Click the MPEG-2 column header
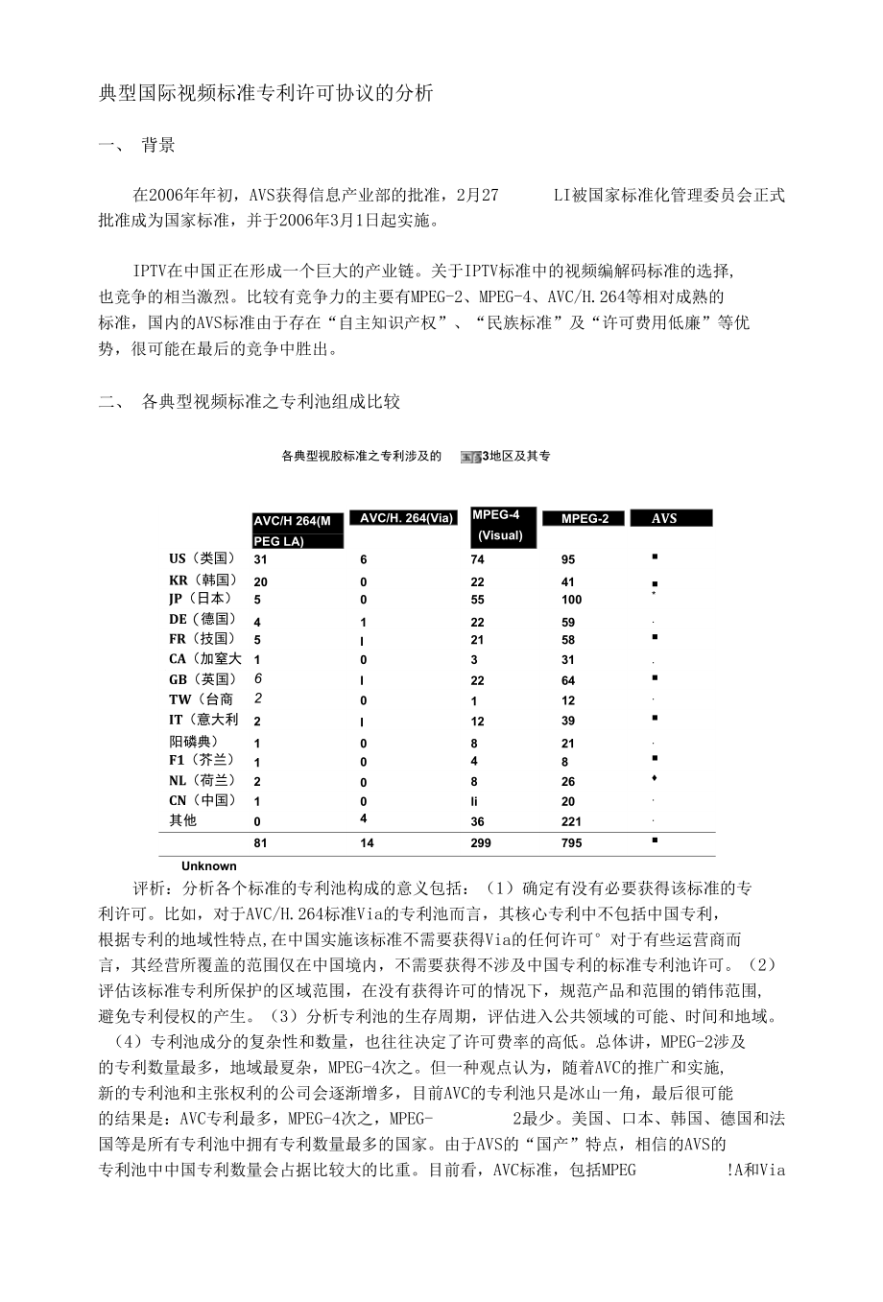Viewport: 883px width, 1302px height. click(x=585, y=518)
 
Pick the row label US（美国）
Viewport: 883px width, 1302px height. click(x=203, y=558)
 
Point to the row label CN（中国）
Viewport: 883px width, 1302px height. click(x=203, y=800)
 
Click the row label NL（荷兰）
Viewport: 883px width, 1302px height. click(x=203, y=780)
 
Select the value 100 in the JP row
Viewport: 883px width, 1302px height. click(x=572, y=600)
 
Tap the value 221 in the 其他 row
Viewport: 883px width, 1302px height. click(x=571, y=821)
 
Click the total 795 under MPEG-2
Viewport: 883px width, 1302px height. click(x=571, y=843)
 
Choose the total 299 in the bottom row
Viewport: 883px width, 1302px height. click(x=481, y=843)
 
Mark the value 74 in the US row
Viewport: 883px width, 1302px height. click(x=478, y=559)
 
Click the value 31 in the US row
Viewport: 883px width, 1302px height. click(x=260, y=559)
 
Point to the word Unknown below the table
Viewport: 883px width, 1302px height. click(x=208, y=865)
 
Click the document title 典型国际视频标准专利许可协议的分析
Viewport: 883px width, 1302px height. click(x=267, y=93)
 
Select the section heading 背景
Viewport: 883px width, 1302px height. click(x=158, y=146)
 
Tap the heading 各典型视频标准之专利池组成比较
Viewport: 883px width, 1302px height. click(x=270, y=402)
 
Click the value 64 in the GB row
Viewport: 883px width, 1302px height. click(x=568, y=680)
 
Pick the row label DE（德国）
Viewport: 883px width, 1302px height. click(x=203, y=619)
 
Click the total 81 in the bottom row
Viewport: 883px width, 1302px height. click(x=260, y=843)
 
